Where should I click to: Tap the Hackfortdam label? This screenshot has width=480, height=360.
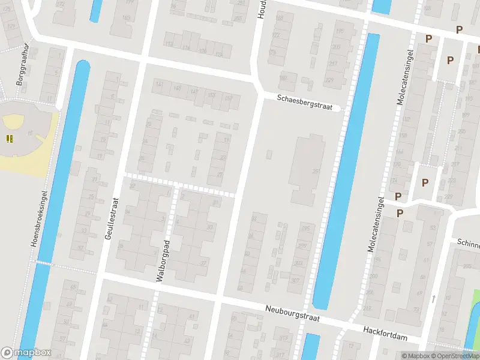(x=385, y=334)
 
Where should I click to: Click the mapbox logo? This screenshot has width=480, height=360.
(x=25, y=353)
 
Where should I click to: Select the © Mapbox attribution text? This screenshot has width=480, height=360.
(x=416, y=356)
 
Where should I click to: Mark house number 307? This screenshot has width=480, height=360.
(x=295, y=281)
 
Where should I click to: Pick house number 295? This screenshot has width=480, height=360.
(x=306, y=229)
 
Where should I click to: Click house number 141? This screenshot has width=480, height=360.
(x=159, y=85)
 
